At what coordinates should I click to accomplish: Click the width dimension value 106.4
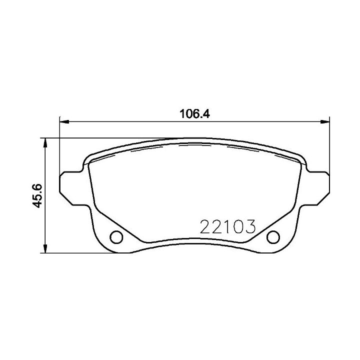point(193,113)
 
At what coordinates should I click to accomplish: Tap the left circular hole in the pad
point(115,236)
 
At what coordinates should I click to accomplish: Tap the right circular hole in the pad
point(273,236)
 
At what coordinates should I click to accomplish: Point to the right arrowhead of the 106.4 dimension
point(326,120)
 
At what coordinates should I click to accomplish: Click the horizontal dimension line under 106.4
point(150,120)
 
